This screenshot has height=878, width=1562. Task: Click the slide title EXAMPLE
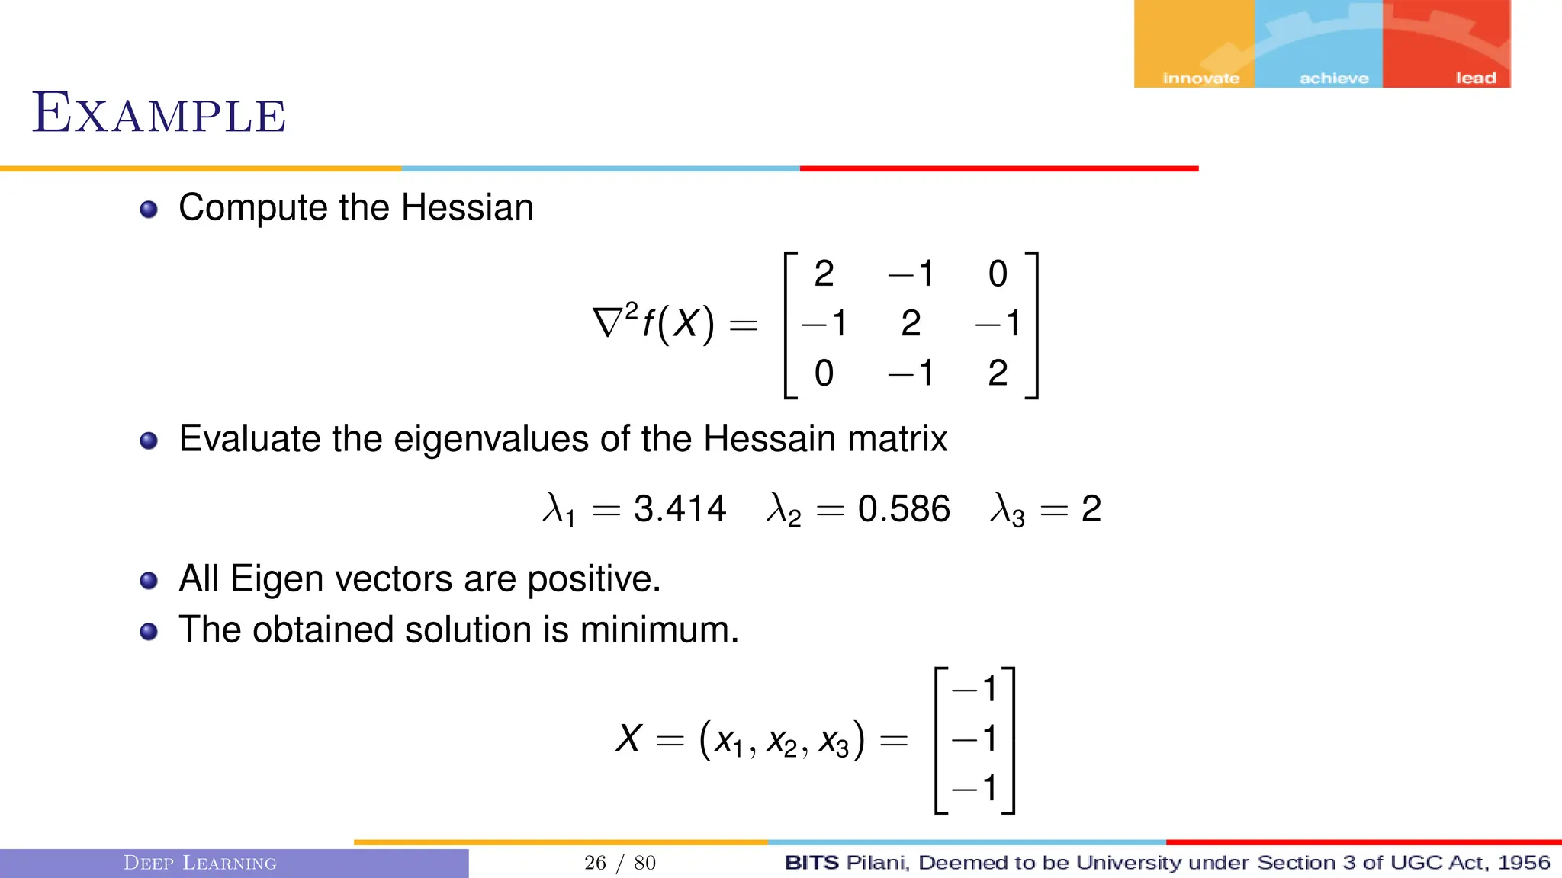[x=159, y=114]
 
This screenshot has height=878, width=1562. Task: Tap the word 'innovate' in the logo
[x=1200, y=78]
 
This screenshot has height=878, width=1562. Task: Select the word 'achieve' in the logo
[x=1333, y=78]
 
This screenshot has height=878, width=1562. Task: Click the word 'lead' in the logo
[x=1475, y=78]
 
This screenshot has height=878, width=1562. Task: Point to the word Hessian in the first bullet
[x=467, y=207]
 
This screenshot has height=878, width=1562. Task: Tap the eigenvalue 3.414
[x=680, y=508]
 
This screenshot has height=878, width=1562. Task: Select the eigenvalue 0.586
[x=904, y=508]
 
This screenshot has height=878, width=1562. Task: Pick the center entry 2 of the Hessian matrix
[x=911, y=323]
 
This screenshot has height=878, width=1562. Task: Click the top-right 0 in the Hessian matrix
[x=998, y=274]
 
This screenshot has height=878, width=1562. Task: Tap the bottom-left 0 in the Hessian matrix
[x=824, y=373]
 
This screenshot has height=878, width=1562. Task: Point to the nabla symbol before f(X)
[x=608, y=322]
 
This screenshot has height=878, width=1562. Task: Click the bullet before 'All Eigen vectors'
[x=149, y=581]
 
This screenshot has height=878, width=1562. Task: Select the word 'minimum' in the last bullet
[x=657, y=630]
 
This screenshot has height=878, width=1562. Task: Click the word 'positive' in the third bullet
[x=592, y=579]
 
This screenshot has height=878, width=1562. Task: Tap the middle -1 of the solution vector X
[x=975, y=738]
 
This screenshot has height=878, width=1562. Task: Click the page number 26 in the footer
[x=595, y=863]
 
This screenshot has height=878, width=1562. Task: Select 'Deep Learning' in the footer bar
[x=200, y=863]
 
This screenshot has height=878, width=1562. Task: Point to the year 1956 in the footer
[x=1523, y=863]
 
